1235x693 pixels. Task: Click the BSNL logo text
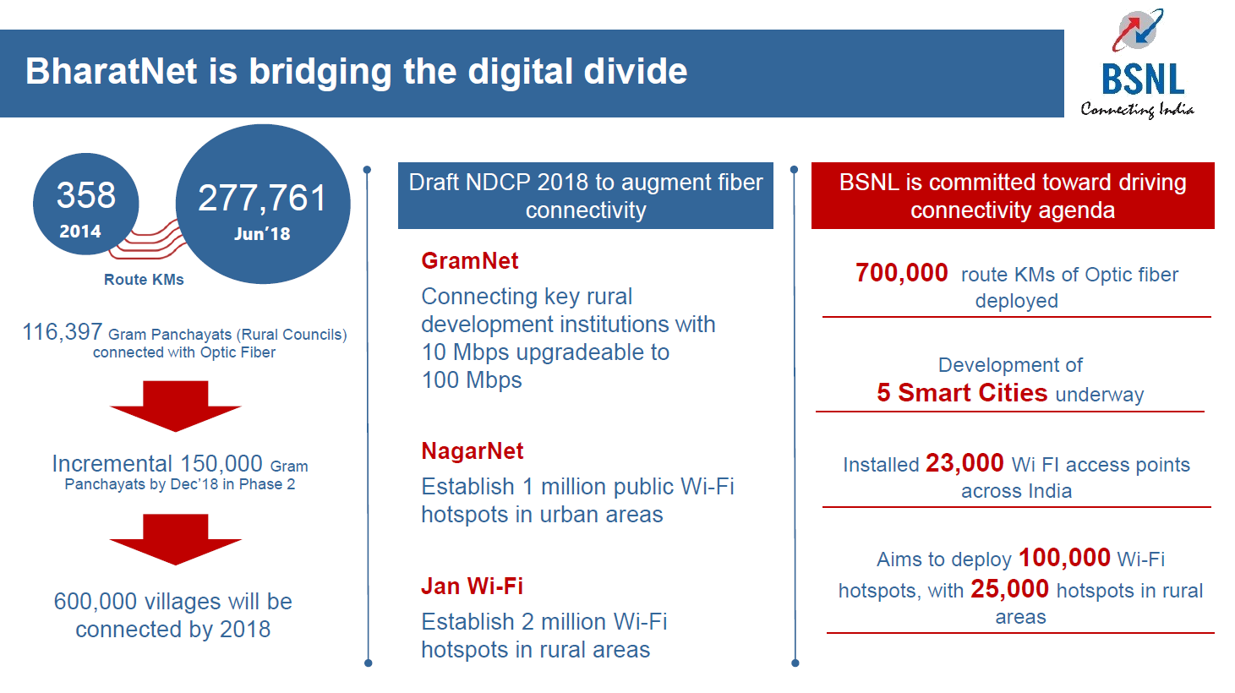(x=1143, y=79)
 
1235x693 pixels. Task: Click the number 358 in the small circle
(x=85, y=195)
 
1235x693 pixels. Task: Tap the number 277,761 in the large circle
(x=262, y=199)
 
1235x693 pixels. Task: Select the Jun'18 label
(x=262, y=234)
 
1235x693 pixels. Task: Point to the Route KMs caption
(x=144, y=280)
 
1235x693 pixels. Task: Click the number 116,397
(x=62, y=332)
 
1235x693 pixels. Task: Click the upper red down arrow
(x=175, y=406)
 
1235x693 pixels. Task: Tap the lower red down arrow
(x=175, y=539)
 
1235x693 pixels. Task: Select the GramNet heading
(x=470, y=261)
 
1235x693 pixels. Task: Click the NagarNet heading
(x=473, y=451)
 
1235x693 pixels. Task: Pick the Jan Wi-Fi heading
(x=473, y=587)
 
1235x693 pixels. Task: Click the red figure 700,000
(x=901, y=273)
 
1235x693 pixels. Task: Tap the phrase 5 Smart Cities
(x=962, y=393)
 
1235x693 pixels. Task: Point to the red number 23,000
(x=965, y=463)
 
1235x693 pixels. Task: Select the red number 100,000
(x=1064, y=558)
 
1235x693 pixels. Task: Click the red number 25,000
(x=1009, y=589)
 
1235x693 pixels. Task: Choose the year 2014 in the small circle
(x=80, y=232)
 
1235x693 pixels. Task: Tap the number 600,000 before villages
(x=96, y=602)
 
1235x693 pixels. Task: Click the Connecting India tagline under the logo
(x=1137, y=109)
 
